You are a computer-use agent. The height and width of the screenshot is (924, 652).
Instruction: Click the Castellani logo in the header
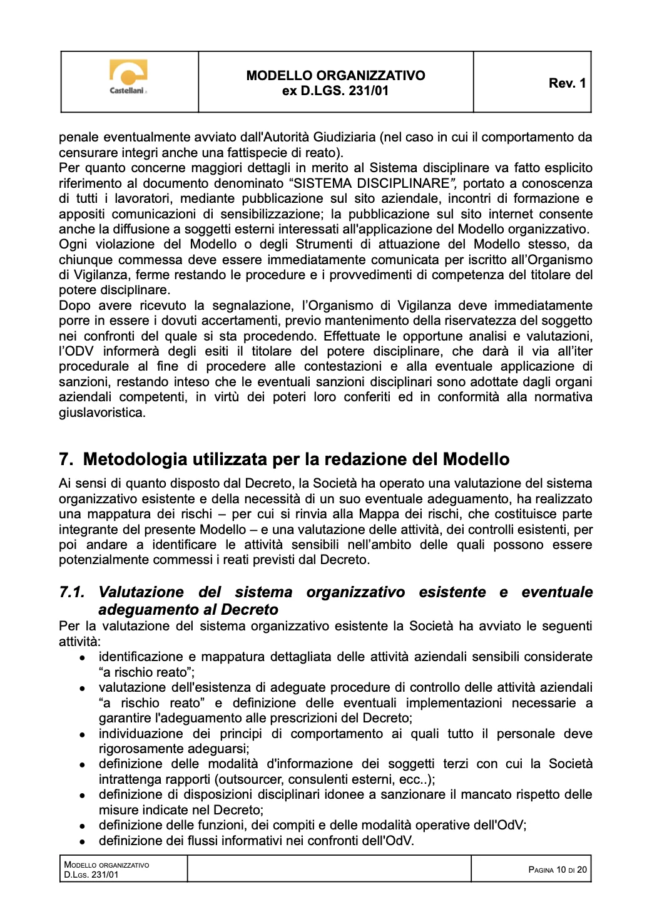128,78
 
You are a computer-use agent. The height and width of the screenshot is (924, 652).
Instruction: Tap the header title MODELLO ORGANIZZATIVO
335,75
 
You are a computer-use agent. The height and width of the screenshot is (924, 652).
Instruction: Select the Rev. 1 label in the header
567,83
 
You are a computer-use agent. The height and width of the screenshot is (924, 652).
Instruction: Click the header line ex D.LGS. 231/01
335,91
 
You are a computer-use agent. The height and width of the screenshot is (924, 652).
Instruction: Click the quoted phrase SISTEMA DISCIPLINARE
372,183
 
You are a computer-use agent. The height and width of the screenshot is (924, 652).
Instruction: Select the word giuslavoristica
101,413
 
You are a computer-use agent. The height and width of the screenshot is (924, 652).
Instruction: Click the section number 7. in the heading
66,459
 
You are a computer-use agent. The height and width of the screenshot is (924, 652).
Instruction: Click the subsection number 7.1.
72,592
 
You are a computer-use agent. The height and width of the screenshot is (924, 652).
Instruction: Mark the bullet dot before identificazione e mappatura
82,658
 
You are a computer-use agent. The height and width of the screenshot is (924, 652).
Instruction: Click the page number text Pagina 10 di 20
557,870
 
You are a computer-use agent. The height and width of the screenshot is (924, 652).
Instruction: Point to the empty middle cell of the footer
329,869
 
